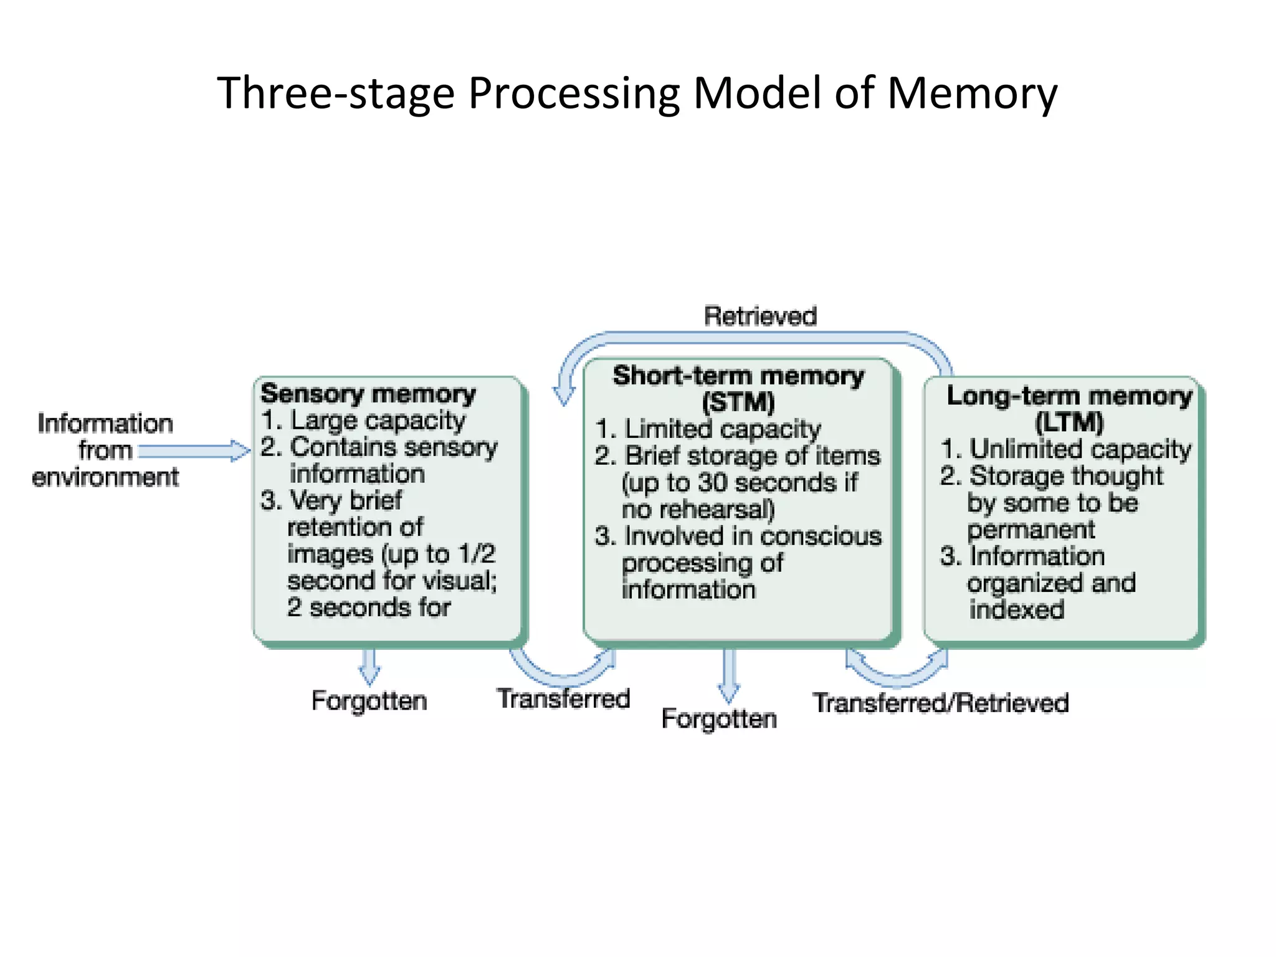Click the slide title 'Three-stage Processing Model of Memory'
coord(637,93)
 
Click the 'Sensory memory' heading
coord(368,394)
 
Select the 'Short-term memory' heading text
coord(738,376)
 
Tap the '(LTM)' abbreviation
coord(1069,423)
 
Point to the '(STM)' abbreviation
coord(738,402)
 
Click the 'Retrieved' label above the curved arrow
coord(760,317)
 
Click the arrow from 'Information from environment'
coord(193,450)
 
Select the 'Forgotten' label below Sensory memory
coord(369,701)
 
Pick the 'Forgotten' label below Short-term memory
coord(719,719)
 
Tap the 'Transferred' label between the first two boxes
coord(563,698)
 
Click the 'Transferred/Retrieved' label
coord(941,703)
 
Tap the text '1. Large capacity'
coord(363,421)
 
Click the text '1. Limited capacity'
coord(708,429)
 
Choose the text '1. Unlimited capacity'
coord(1066,449)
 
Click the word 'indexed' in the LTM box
coord(1017,609)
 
